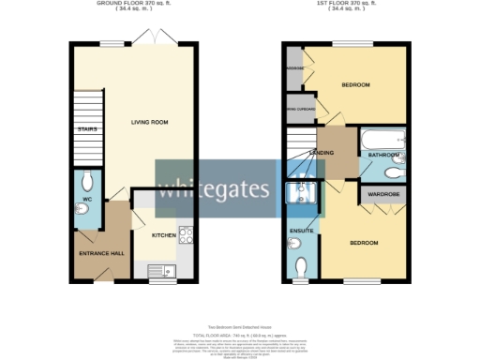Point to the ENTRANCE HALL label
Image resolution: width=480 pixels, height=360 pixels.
(99, 253)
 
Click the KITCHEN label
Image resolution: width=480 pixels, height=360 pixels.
(164, 235)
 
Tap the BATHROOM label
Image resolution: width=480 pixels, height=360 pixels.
(383, 155)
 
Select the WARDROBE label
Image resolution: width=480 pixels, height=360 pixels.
(383, 195)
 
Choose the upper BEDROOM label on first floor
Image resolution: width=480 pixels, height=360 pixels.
(355, 86)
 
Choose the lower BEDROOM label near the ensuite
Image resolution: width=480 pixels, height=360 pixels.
(364, 243)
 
